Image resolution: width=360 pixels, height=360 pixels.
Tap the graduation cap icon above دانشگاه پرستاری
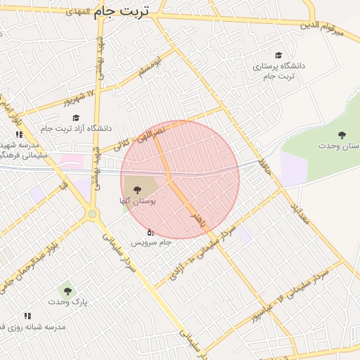tap(279, 56)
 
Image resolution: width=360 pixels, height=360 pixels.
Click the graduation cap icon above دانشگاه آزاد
tap(76, 117)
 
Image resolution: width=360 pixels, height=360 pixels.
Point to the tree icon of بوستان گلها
tap(136, 188)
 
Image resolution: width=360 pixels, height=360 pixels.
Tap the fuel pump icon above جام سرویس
tap(150, 231)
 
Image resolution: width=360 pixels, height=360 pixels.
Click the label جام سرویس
tap(151, 243)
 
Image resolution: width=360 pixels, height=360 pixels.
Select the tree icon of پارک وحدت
tap(67, 290)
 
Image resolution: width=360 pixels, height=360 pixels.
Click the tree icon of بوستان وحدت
tap(342, 135)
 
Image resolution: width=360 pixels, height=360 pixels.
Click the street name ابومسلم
tap(148, 67)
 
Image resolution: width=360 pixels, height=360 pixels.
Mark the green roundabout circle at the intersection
tap(92, 214)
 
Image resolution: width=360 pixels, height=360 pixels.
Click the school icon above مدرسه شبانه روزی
tap(27, 316)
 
